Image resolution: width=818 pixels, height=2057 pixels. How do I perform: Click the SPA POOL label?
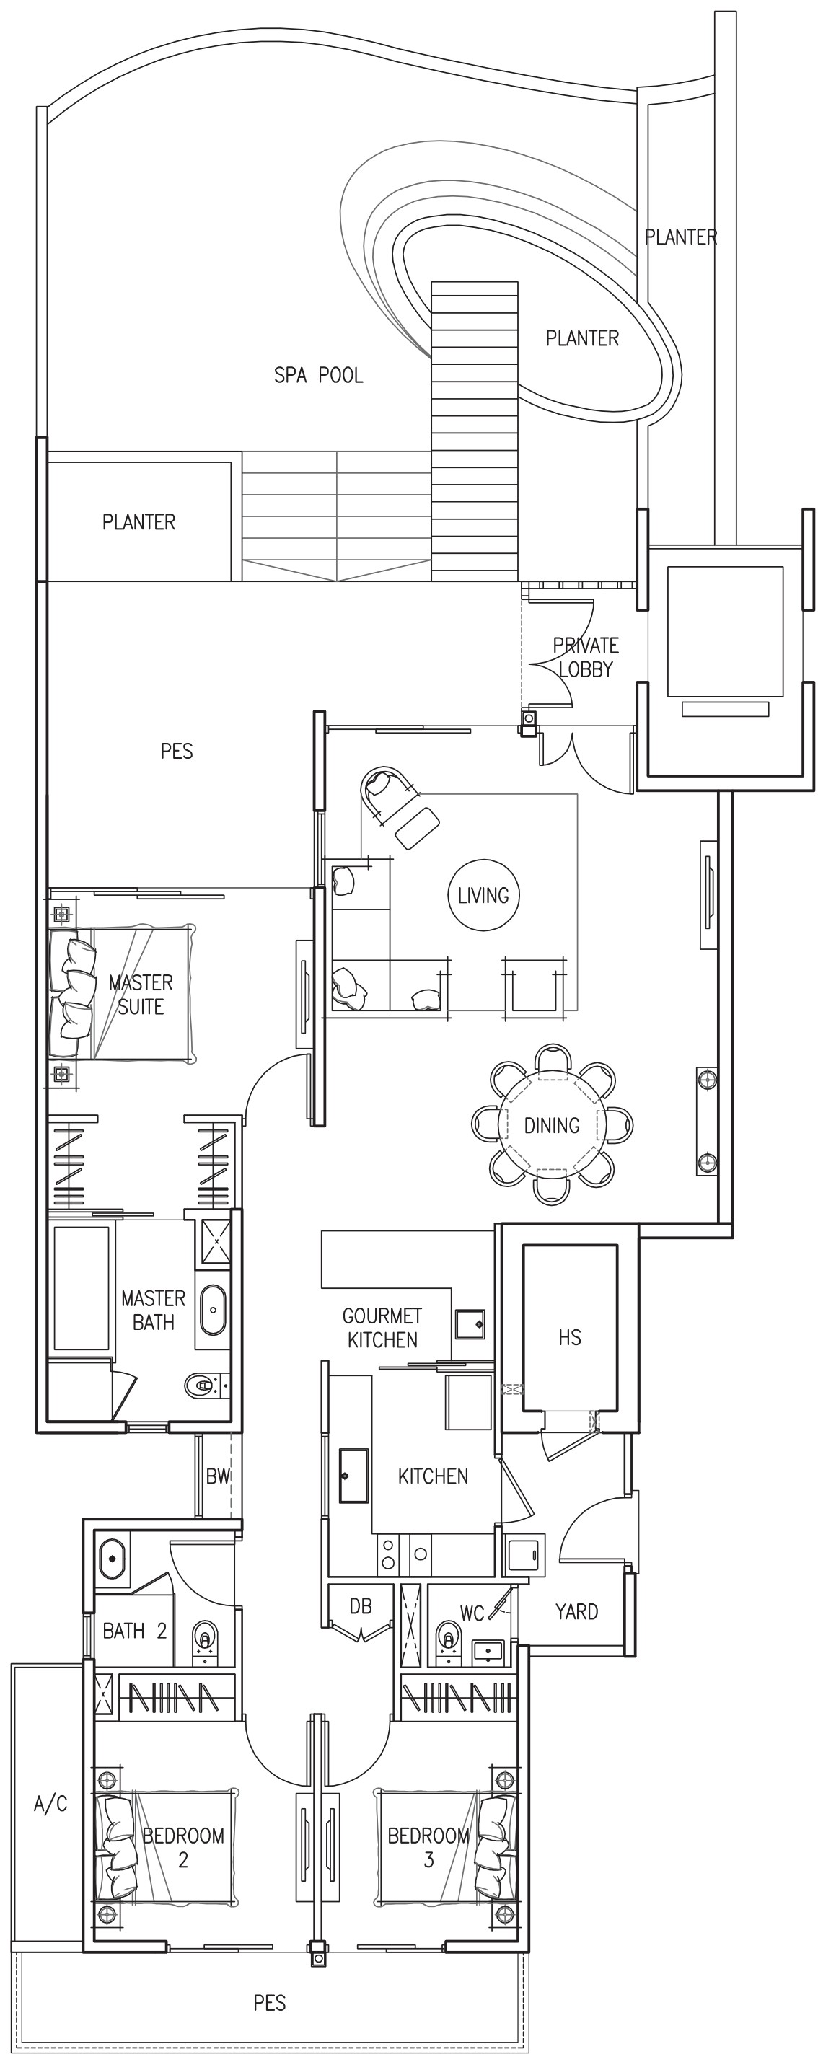pos(318,374)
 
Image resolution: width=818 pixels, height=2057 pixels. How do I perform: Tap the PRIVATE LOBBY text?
pos(586,657)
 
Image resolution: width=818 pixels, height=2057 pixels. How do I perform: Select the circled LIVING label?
pos(483,895)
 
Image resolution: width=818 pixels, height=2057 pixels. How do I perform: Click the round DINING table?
pos(552,1124)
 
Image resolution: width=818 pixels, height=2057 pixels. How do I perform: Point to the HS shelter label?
pos(570,1336)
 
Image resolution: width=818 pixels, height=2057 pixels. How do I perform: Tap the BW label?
pos(217,1476)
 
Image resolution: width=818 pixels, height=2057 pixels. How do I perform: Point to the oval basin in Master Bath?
pos(213,1310)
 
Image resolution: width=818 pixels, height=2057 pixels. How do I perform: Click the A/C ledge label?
pos(50,1804)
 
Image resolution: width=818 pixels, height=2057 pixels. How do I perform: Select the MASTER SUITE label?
pos(141,994)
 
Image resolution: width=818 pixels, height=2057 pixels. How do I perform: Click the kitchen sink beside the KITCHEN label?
pos(354,1476)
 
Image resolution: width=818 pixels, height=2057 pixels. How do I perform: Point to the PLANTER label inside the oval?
pos(581,338)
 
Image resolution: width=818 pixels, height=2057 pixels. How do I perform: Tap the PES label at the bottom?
pos(269,2002)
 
